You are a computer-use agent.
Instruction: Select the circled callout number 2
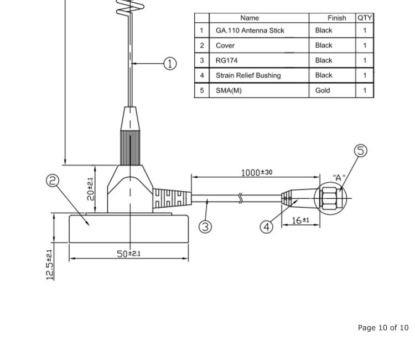[53, 182]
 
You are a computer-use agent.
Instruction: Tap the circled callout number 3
[205, 227]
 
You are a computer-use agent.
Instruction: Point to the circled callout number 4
[267, 227]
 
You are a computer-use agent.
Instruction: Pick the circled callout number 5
[361, 151]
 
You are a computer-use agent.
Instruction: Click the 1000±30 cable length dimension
[256, 172]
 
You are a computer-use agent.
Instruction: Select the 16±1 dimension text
[300, 220]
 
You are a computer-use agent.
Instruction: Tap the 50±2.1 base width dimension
[128, 254]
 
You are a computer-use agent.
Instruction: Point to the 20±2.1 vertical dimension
[90, 189]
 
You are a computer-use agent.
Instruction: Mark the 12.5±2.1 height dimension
[50, 264]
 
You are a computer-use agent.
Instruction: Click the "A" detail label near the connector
[339, 178]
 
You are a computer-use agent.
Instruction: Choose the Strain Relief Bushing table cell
[248, 75]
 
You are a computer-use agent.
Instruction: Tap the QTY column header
[365, 18]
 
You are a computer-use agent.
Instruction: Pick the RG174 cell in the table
[226, 60]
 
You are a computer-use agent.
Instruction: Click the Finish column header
[336, 18]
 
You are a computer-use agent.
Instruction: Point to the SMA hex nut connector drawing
[330, 198]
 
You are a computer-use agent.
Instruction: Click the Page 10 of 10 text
[383, 328]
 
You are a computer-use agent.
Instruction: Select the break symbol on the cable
[240, 198]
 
